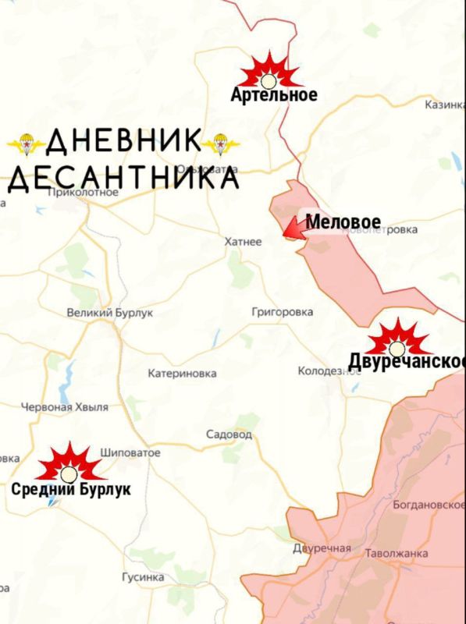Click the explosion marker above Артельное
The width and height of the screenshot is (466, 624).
tap(269, 73)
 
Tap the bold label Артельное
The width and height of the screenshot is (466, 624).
tap(274, 95)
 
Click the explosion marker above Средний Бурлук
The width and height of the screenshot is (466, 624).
tap(69, 465)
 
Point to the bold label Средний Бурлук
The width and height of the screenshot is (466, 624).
tap(71, 490)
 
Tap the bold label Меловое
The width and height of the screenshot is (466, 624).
tap(343, 222)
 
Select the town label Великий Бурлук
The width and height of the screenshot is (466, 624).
tap(110, 313)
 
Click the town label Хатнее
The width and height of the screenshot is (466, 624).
tap(243, 243)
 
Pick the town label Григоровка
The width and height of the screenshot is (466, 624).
tap(283, 312)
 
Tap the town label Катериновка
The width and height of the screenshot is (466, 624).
tap(182, 374)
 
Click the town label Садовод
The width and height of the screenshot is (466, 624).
tap(229, 434)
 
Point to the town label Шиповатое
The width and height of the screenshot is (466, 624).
tap(130, 452)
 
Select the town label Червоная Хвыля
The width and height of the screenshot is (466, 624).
tap(64, 407)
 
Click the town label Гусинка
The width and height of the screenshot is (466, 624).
tap(143, 577)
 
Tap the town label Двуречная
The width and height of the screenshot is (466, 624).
tap(322, 548)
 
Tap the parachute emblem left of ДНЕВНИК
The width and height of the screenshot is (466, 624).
tap(26, 143)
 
